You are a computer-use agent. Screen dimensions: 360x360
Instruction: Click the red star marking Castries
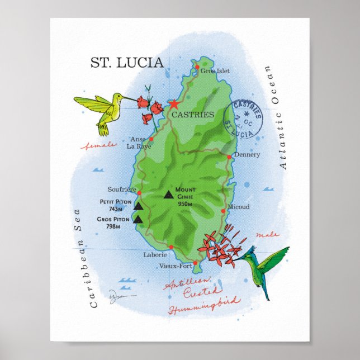173,104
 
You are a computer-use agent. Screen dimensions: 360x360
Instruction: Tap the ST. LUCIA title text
127,62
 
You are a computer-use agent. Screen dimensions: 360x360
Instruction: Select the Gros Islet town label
215,72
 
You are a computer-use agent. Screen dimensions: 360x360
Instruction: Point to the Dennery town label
247,154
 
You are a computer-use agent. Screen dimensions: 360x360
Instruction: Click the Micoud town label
239,207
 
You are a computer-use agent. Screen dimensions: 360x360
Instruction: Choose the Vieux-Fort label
175,266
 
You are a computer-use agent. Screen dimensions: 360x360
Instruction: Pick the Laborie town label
155,254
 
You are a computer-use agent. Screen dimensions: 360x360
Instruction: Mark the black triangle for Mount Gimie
168,195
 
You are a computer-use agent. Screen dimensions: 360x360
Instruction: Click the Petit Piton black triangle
138,207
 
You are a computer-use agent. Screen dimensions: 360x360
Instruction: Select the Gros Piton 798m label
113,222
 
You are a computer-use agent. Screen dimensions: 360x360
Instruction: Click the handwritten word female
99,145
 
